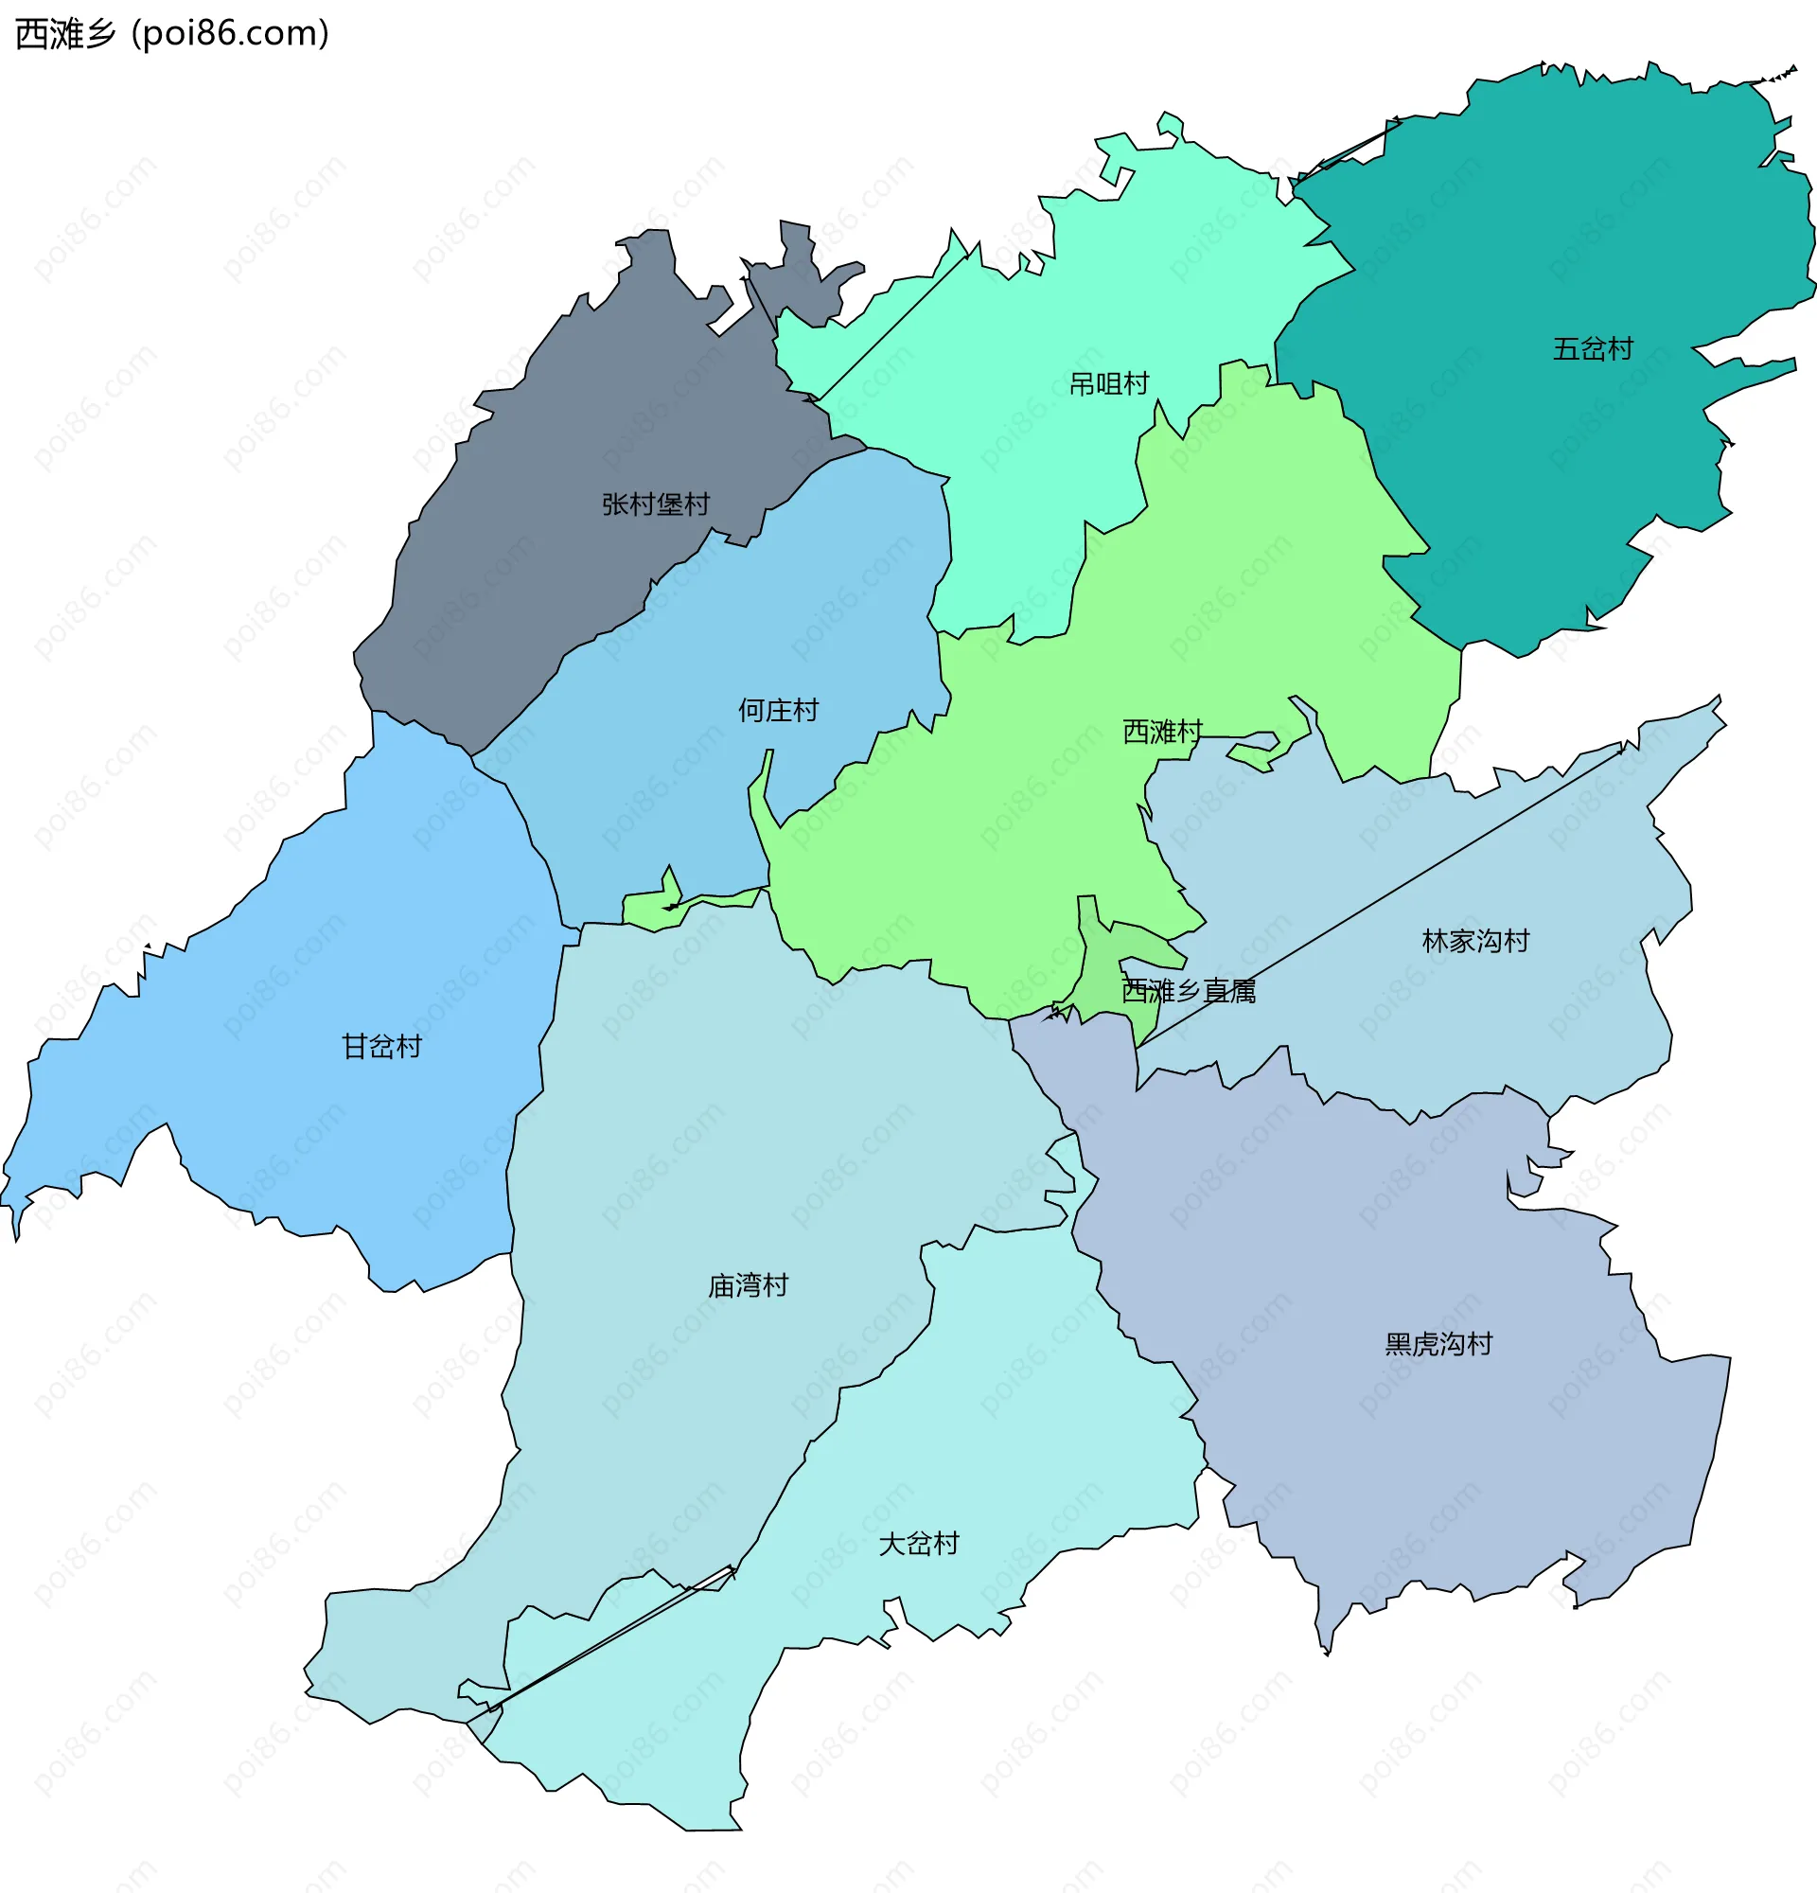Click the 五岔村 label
point(1592,348)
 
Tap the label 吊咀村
point(1108,384)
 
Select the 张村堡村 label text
point(656,504)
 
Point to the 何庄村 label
point(778,711)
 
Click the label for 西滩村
point(1161,732)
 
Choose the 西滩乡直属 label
point(1188,991)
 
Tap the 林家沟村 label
point(1475,941)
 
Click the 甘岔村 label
point(381,1046)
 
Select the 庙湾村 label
point(749,1285)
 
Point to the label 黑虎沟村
point(1438,1343)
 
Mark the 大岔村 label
point(918,1544)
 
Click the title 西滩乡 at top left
point(65,34)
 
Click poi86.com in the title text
point(230,34)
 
